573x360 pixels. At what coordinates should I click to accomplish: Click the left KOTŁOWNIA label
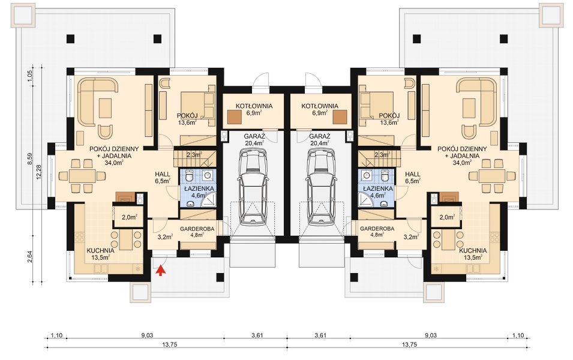(254, 106)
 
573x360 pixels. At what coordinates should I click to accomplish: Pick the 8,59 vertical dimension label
(31, 160)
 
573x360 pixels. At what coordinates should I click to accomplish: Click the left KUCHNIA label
(100, 251)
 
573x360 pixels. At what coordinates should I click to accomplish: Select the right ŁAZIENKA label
(378, 188)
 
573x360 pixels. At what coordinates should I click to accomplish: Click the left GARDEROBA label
(197, 229)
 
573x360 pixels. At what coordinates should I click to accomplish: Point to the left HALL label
(163, 175)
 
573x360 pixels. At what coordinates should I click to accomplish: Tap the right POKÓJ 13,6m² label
(389, 119)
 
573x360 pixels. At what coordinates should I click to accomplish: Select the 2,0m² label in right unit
(447, 217)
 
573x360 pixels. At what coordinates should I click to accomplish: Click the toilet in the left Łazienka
(189, 176)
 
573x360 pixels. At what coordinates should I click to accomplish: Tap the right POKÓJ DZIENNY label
(462, 149)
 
